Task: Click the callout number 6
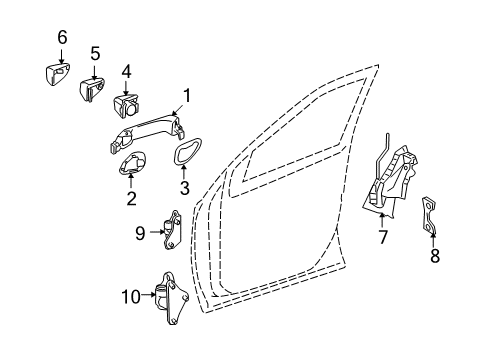62,37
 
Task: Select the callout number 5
95,53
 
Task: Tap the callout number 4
126,71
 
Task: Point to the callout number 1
187,96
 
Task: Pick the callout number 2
131,198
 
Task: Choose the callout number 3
184,188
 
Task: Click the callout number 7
382,237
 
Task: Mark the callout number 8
435,256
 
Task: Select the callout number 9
140,233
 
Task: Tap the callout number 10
131,296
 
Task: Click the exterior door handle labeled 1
147,134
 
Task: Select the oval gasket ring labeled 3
188,151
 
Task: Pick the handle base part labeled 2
132,163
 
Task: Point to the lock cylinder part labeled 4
126,104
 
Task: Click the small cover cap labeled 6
58,74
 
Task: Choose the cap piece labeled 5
92,89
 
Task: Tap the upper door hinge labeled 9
172,230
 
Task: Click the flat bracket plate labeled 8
429,215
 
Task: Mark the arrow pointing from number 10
148,294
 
